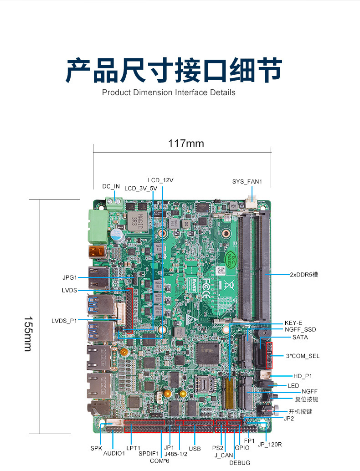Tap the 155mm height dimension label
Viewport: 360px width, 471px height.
coord(28,334)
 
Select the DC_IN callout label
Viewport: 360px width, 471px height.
coord(111,186)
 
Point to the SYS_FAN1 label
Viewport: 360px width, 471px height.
coord(247,182)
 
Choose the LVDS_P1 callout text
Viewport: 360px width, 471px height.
coord(64,321)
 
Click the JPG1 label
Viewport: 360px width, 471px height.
coord(70,277)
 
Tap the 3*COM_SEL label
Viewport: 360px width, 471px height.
coord(303,356)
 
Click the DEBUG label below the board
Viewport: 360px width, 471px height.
coord(239,463)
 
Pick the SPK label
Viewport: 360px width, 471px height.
coord(96,448)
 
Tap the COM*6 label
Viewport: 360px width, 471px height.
coord(159,461)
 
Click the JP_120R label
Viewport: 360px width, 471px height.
coord(270,445)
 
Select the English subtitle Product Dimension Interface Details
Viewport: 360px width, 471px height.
coord(169,92)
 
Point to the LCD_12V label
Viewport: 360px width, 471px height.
coord(160,180)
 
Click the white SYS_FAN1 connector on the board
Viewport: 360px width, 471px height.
coord(251,201)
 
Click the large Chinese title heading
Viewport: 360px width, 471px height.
coord(174,71)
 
